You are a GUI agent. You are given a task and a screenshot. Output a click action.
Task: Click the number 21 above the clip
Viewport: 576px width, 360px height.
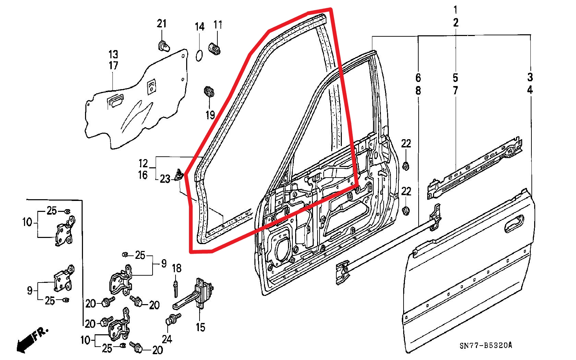161,24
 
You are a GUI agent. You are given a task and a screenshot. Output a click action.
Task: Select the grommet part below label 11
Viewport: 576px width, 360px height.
215,48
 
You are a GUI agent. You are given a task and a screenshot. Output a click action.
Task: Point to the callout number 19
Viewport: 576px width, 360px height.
210,115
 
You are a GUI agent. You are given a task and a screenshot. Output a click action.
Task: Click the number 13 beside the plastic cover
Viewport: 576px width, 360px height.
113,54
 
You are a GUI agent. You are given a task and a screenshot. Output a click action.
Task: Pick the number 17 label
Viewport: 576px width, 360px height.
113,65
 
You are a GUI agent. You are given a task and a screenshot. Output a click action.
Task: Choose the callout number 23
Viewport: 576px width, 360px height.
165,179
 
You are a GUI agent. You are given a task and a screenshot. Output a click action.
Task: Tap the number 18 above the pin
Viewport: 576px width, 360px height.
177,268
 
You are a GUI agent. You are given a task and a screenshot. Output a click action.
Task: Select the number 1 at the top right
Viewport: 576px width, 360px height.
456,9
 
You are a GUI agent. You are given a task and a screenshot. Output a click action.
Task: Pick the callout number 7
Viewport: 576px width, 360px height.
456,91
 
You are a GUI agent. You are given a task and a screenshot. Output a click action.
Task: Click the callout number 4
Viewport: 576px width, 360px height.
530,91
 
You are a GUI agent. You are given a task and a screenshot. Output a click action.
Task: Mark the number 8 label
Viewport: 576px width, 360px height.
418,91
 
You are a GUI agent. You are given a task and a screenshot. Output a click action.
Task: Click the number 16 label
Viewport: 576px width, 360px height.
143,175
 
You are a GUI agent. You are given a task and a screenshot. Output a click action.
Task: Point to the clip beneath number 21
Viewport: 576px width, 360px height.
164,46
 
